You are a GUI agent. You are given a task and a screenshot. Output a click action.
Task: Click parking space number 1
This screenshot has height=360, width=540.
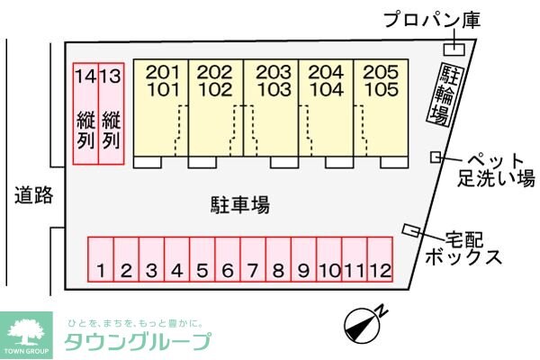tap(101, 258)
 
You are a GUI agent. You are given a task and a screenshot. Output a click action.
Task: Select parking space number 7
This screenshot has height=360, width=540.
tap(253, 258)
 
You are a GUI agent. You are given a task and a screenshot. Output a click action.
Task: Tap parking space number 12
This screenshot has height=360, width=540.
tap(382, 258)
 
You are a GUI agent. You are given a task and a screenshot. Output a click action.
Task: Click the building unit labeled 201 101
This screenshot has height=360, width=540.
tap(162, 106)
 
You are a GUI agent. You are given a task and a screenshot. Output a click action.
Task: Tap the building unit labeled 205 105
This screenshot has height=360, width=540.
tap(381, 106)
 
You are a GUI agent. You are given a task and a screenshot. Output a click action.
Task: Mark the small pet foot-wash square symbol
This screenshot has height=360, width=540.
tap(436, 157)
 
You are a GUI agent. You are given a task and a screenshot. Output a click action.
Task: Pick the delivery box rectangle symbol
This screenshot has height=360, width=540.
tap(413, 229)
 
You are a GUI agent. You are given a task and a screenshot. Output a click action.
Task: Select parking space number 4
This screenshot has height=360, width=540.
tap(177, 258)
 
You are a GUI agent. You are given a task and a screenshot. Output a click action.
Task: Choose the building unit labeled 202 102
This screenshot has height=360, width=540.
tap(216, 106)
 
